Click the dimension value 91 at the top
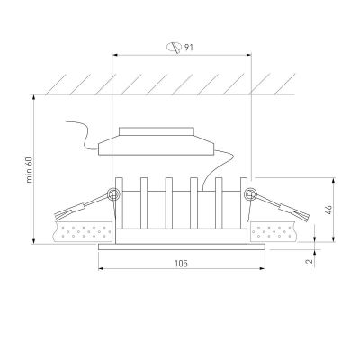click(189, 47)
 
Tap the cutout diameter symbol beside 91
click(175, 48)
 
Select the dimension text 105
click(181, 264)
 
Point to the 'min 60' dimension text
click(30, 169)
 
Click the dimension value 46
click(328, 210)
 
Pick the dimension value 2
click(309, 261)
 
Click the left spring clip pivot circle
click(113, 194)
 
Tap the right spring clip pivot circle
click(250, 194)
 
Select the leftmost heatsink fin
click(119, 203)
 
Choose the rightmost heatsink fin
click(244, 203)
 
